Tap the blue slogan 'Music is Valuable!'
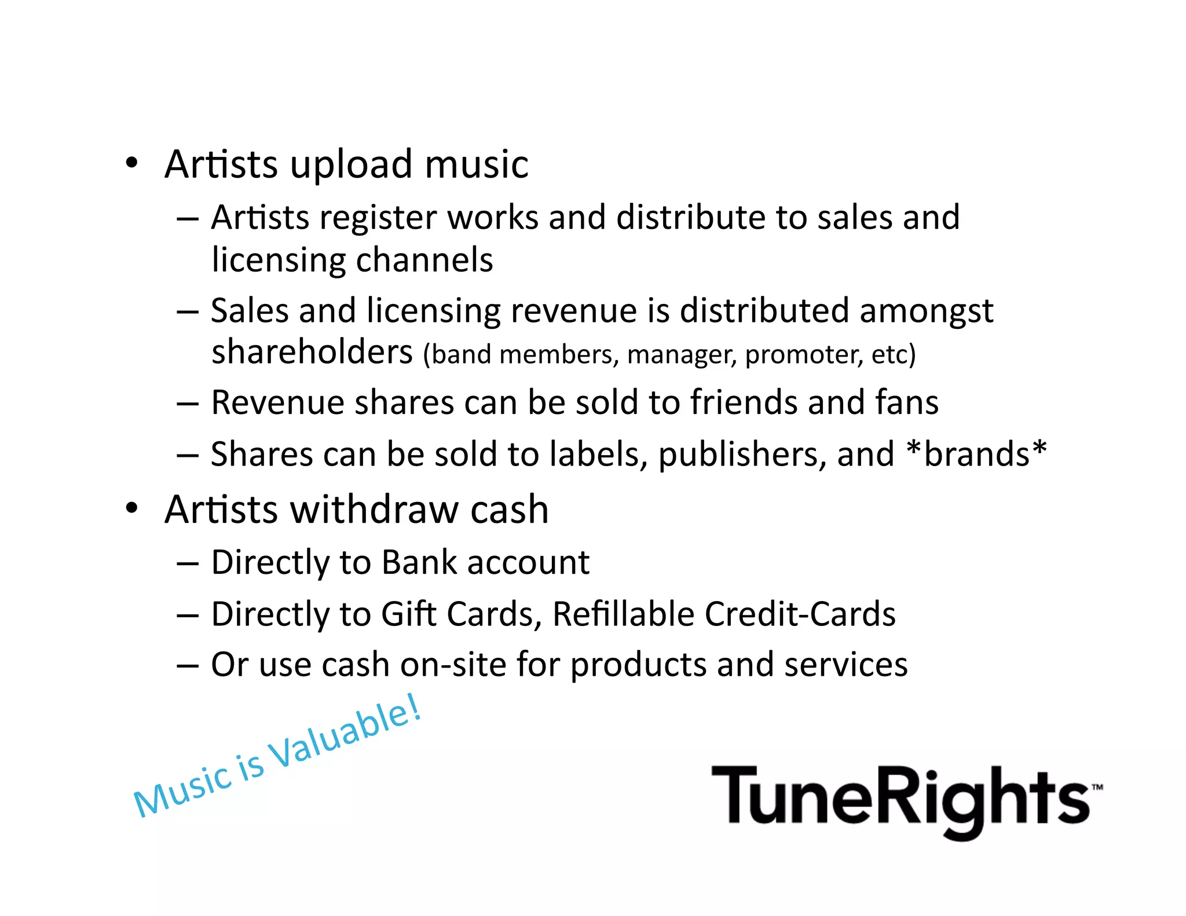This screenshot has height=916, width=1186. click(277, 756)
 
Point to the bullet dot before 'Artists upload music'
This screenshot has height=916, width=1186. click(132, 163)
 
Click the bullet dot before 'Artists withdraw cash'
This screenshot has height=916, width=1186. click(132, 508)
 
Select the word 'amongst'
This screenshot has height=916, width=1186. click(926, 312)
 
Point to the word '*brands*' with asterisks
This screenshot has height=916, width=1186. click(977, 454)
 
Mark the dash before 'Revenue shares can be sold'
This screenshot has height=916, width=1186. click(188, 404)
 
